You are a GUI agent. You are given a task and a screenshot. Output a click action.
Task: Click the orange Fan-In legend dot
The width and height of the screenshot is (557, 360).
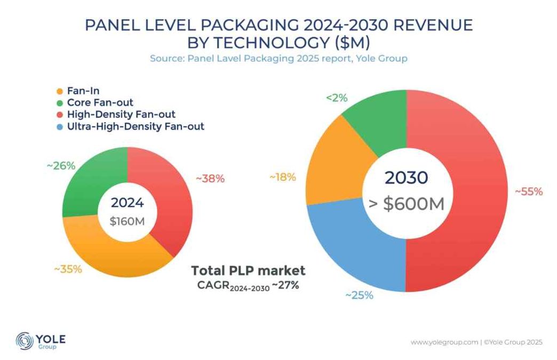tap(59, 91)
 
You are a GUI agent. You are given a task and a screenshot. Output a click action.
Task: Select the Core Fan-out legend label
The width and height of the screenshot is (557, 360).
tap(100, 102)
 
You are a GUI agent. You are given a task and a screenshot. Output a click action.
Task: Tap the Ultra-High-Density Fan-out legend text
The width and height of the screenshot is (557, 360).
tap(136, 126)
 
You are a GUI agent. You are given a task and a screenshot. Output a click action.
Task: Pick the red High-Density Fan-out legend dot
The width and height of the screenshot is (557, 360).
tap(59, 115)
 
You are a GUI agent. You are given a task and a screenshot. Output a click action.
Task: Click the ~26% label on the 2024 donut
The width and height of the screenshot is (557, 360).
tap(60, 166)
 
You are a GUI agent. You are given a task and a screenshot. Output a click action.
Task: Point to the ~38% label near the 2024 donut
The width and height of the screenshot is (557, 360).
tap(211, 179)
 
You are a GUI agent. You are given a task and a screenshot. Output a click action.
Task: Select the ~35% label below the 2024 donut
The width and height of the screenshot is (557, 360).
tap(68, 269)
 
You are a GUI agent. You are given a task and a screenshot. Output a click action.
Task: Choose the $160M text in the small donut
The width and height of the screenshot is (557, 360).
tap(127, 221)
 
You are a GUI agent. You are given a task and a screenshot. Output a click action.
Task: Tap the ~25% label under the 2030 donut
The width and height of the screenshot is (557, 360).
tap(359, 295)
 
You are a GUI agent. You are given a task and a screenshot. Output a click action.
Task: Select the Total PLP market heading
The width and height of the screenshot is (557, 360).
tap(248, 270)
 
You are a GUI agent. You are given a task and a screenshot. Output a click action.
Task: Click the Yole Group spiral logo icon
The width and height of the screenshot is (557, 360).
tap(24, 340)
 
